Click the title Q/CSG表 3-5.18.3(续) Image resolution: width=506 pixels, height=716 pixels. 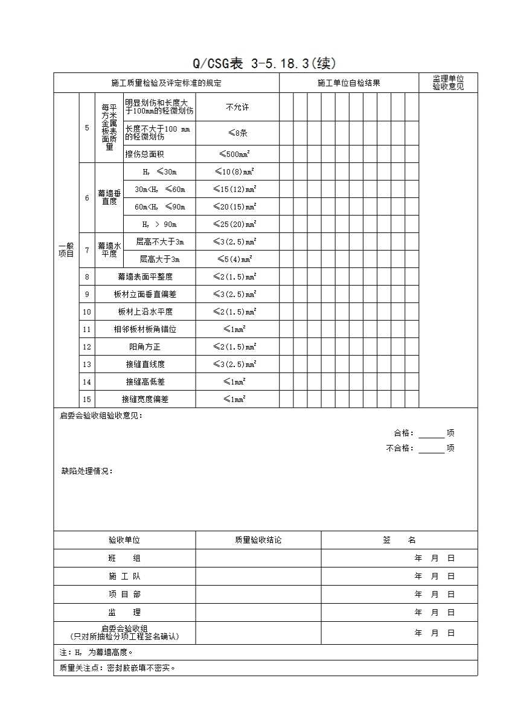tap(264, 63)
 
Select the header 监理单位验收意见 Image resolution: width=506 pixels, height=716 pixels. tap(448, 83)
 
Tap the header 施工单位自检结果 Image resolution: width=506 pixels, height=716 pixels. tap(349, 83)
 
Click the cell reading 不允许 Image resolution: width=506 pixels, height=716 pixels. tap(237, 107)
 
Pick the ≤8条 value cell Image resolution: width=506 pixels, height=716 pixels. tap(237, 133)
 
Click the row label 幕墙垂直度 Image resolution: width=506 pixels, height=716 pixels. tap(109, 197)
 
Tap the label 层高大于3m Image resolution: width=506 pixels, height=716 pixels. tap(159, 259)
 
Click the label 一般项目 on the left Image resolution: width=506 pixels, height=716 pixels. tap(66, 250)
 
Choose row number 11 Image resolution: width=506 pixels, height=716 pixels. tap(87, 329)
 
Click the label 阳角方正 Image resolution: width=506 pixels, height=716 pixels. tap(145, 347)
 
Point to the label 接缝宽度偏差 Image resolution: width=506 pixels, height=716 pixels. tap(145, 399)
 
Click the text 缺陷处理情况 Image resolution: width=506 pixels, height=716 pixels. tap(86, 471)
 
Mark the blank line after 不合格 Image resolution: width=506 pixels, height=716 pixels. tap(431, 449)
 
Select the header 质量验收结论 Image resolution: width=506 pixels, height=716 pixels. tap(258, 540)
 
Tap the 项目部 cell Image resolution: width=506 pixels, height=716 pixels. tap(124, 594)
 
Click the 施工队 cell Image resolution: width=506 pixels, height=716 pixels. tap(124, 576)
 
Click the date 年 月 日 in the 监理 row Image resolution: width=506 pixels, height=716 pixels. tap(435, 612)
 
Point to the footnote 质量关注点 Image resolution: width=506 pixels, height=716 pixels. tap(118, 668)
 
